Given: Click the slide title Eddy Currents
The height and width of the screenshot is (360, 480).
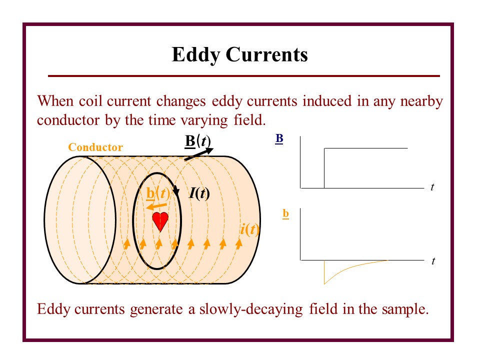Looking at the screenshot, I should pyautogui.click(x=239, y=54).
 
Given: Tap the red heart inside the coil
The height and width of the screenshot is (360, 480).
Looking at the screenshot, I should pyautogui.click(x=160, y=221).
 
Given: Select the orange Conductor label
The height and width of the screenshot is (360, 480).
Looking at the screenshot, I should pyautogui.click(x=95, y=147).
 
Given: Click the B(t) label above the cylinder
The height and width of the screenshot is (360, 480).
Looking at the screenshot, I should pyautogui.click(x=198, y=140).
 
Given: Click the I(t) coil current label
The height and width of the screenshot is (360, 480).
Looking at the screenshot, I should pyautogui.click(x=199, y=193).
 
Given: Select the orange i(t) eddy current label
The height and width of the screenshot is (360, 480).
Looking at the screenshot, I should pyautogui.click(x=249, y=229).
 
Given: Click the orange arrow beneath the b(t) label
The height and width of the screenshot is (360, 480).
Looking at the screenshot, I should pyautogui.click(x=156, y=206).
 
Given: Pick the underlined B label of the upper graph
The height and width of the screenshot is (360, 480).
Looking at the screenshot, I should pyautogui.click(x=279, y=139).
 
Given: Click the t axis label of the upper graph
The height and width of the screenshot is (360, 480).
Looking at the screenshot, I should pyautogui.click(x=432, y=187).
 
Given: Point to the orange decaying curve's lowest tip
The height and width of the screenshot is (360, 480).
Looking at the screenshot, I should pyautogui.click(x=324, y=283).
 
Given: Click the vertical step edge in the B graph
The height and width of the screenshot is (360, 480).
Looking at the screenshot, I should pyautogui.click(x=324, y=168).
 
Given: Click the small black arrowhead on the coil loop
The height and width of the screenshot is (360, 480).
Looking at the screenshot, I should pyautogui.click(x=176, y=191).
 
